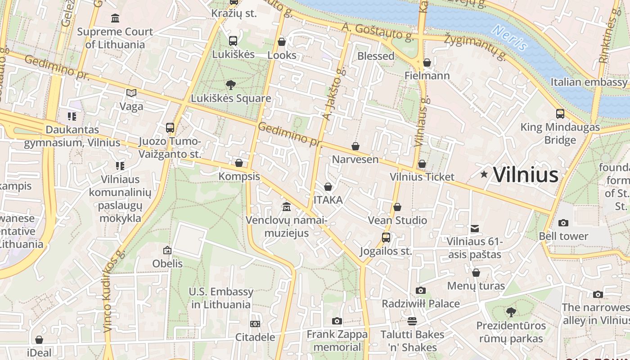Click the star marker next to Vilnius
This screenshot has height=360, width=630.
[484, 174]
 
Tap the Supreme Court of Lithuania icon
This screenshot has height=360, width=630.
[115, 18]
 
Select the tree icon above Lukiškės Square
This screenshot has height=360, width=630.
[231, 85]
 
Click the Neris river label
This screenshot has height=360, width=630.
[509, 37]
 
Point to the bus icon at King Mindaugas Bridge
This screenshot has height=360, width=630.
[560, 114]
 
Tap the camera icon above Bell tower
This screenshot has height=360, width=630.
[563, 223]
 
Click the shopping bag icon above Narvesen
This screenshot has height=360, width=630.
[355, 146]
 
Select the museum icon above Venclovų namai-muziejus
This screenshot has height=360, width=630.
[286, 207]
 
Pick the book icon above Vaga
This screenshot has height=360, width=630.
[131, 93]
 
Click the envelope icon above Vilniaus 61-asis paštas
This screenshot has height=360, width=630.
[474, 229]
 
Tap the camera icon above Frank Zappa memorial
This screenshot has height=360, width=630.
[337, 321]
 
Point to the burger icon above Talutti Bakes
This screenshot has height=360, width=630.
[412, 321]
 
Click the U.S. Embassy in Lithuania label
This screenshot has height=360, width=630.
[221, 298]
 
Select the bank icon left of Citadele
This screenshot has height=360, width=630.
[255, 324]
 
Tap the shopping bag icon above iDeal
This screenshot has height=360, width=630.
[39, 340]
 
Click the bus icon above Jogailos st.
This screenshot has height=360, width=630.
[386, 238]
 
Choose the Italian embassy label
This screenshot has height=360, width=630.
[589, 82]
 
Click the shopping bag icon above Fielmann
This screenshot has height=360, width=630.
[427, 62]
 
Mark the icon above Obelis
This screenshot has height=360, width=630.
[167, 250]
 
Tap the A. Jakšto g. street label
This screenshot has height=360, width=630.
[333, 94]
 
